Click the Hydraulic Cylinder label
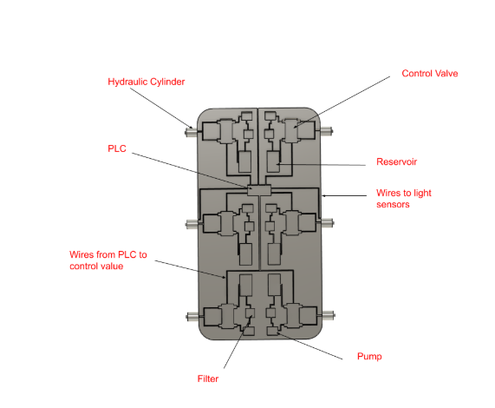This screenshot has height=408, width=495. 147,82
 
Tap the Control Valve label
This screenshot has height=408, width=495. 430,73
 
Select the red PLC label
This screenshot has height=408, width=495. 117,148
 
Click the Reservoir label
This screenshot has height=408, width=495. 396,161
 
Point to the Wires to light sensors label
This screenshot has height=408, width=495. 404,199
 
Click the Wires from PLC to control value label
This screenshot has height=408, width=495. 108,260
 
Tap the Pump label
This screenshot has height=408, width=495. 369,356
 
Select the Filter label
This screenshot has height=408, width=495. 208,378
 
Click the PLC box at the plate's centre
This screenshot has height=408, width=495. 259,190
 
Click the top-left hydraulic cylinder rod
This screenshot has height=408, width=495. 192,131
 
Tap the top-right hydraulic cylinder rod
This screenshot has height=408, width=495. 327,130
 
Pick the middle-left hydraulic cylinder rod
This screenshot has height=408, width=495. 192,224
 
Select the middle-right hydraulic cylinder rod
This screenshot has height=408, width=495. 328,223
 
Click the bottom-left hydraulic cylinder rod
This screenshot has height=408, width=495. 193,316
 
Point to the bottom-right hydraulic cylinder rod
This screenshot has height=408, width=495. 329,315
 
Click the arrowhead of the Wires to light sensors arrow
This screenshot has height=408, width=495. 323,196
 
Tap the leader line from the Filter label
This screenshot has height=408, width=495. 238,342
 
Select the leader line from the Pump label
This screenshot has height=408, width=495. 309,345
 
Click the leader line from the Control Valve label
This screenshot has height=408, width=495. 342,102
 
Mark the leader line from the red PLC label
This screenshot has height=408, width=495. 190,171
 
